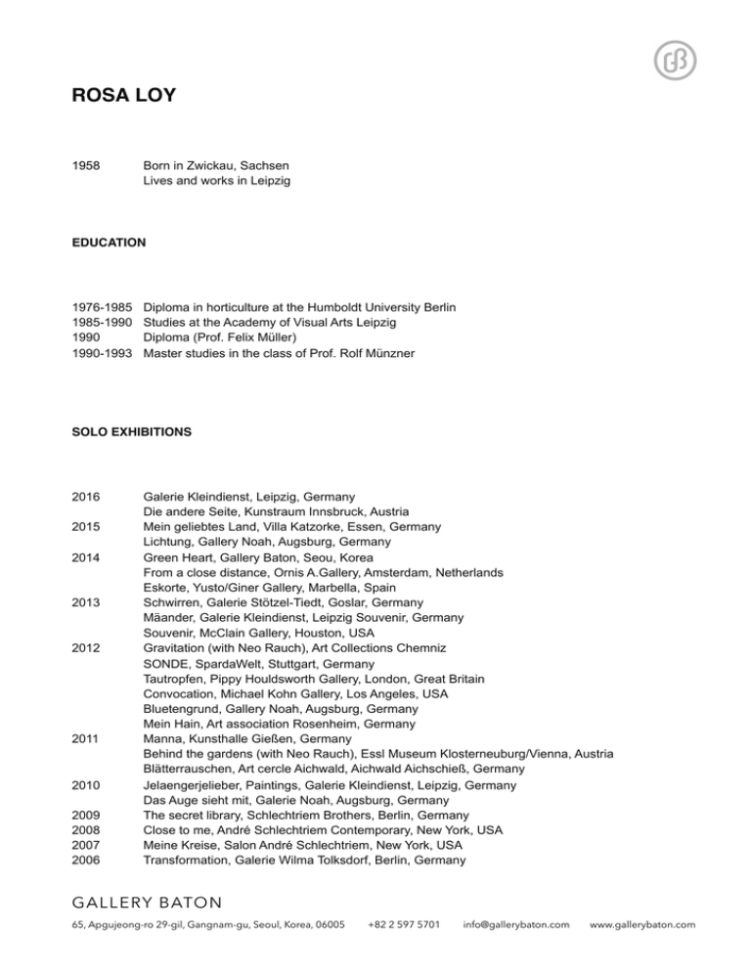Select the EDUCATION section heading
coord(108,241)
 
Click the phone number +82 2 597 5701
coord(404,924)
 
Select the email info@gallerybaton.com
coord(516,924)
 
